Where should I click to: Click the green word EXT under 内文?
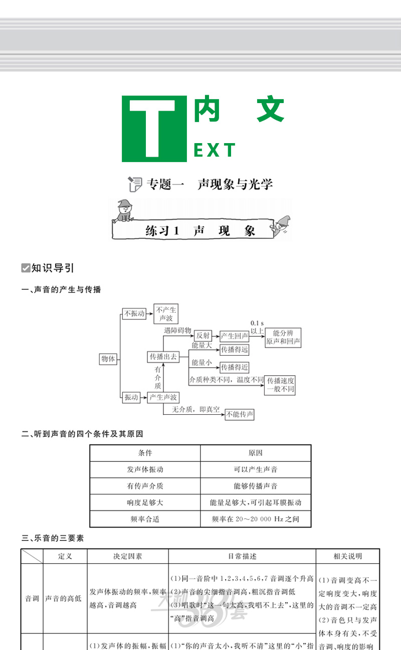pyautogui.click(x=214, y=150)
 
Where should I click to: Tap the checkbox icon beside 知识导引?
pyautogui.click(x=26, y=268)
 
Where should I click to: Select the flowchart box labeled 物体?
pyautogui.click(x=108, y=359)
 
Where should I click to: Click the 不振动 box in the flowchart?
pyautogui.click(x=134, y=313)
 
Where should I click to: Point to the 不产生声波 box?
pyautogui.click(x=166, y=314)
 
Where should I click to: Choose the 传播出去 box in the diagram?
pyautogui.click(x=163, y=356)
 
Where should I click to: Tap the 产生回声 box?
pyautogui.click(x=235, y=336)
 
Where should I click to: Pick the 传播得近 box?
pyautogui.click(x=235, y=367)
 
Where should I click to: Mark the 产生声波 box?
pyautogui.click(x=163, y=397)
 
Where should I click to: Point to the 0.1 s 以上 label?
pyautogui.click(x=257, y=326)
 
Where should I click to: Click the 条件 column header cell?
pyautogui.click(x=145, y=453)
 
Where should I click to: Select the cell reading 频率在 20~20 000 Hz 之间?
pyautogui.click(x=256, y=519)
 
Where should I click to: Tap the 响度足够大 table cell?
pyautogui.click(x=145, y=502)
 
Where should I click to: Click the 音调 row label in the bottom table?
pyautogui.click(x=32, y=598)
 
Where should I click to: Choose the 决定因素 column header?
pyautogui.click(x=128, y=556)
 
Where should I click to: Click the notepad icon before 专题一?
pyautogui.click(x=135, y=184)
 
